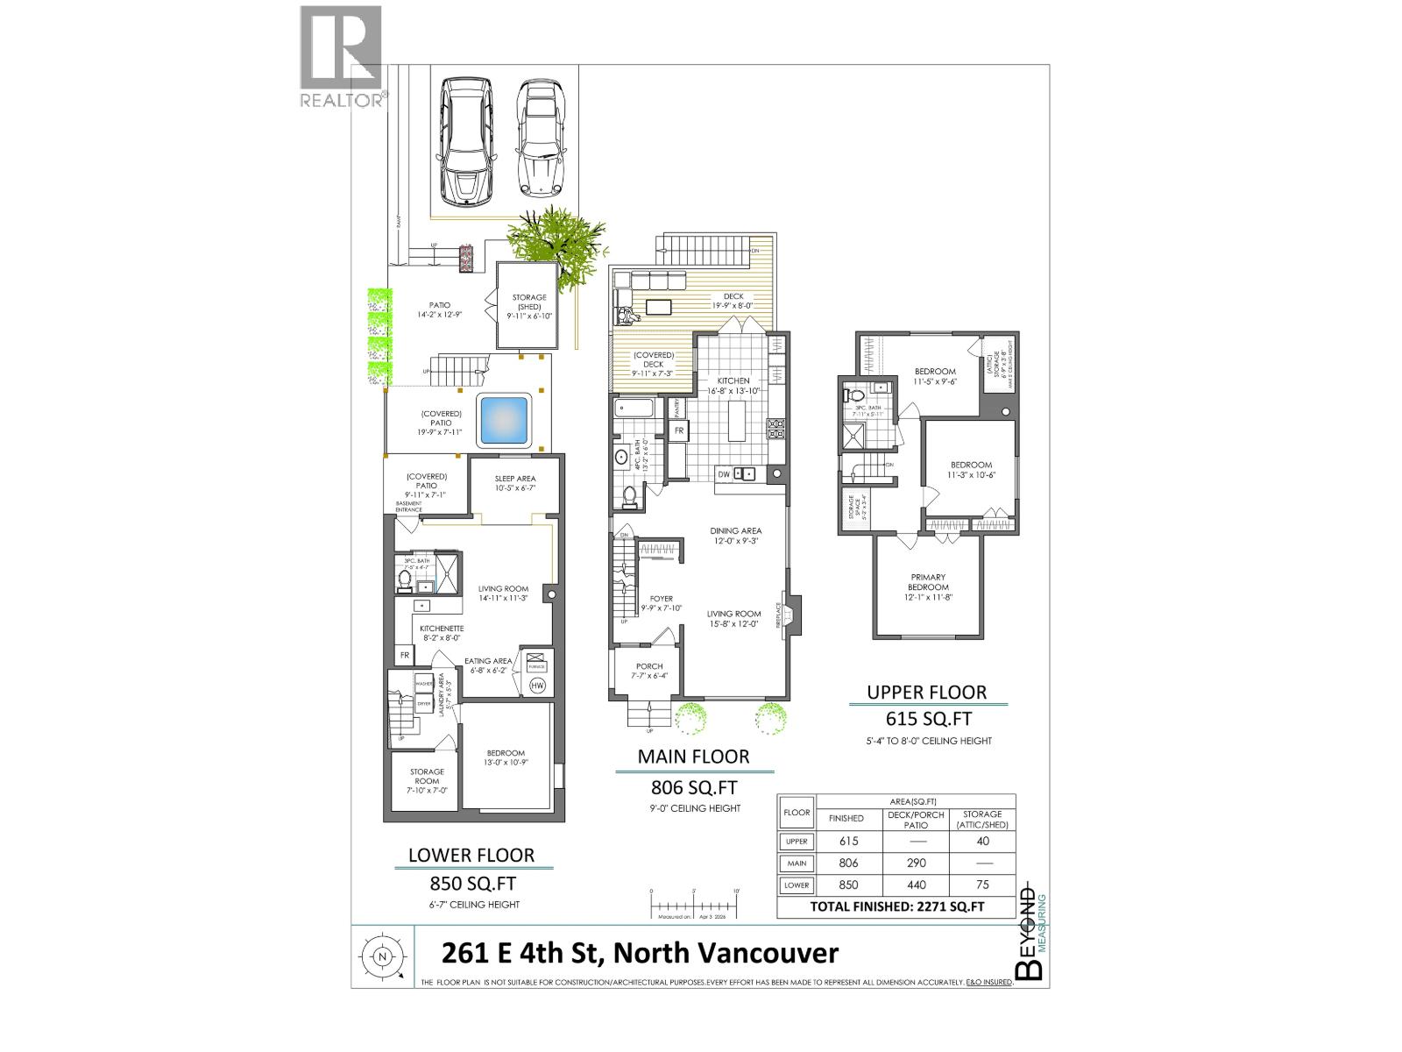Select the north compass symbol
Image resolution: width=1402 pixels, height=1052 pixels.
tap(382, 956)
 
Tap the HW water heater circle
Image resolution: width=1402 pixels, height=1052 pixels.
tap(537, 686)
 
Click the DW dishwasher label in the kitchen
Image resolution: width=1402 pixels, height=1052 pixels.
tap(724, 474)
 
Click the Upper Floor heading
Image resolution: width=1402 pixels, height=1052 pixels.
tap(927, 693)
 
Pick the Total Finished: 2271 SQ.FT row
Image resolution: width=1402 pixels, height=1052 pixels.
tap(896, 906)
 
